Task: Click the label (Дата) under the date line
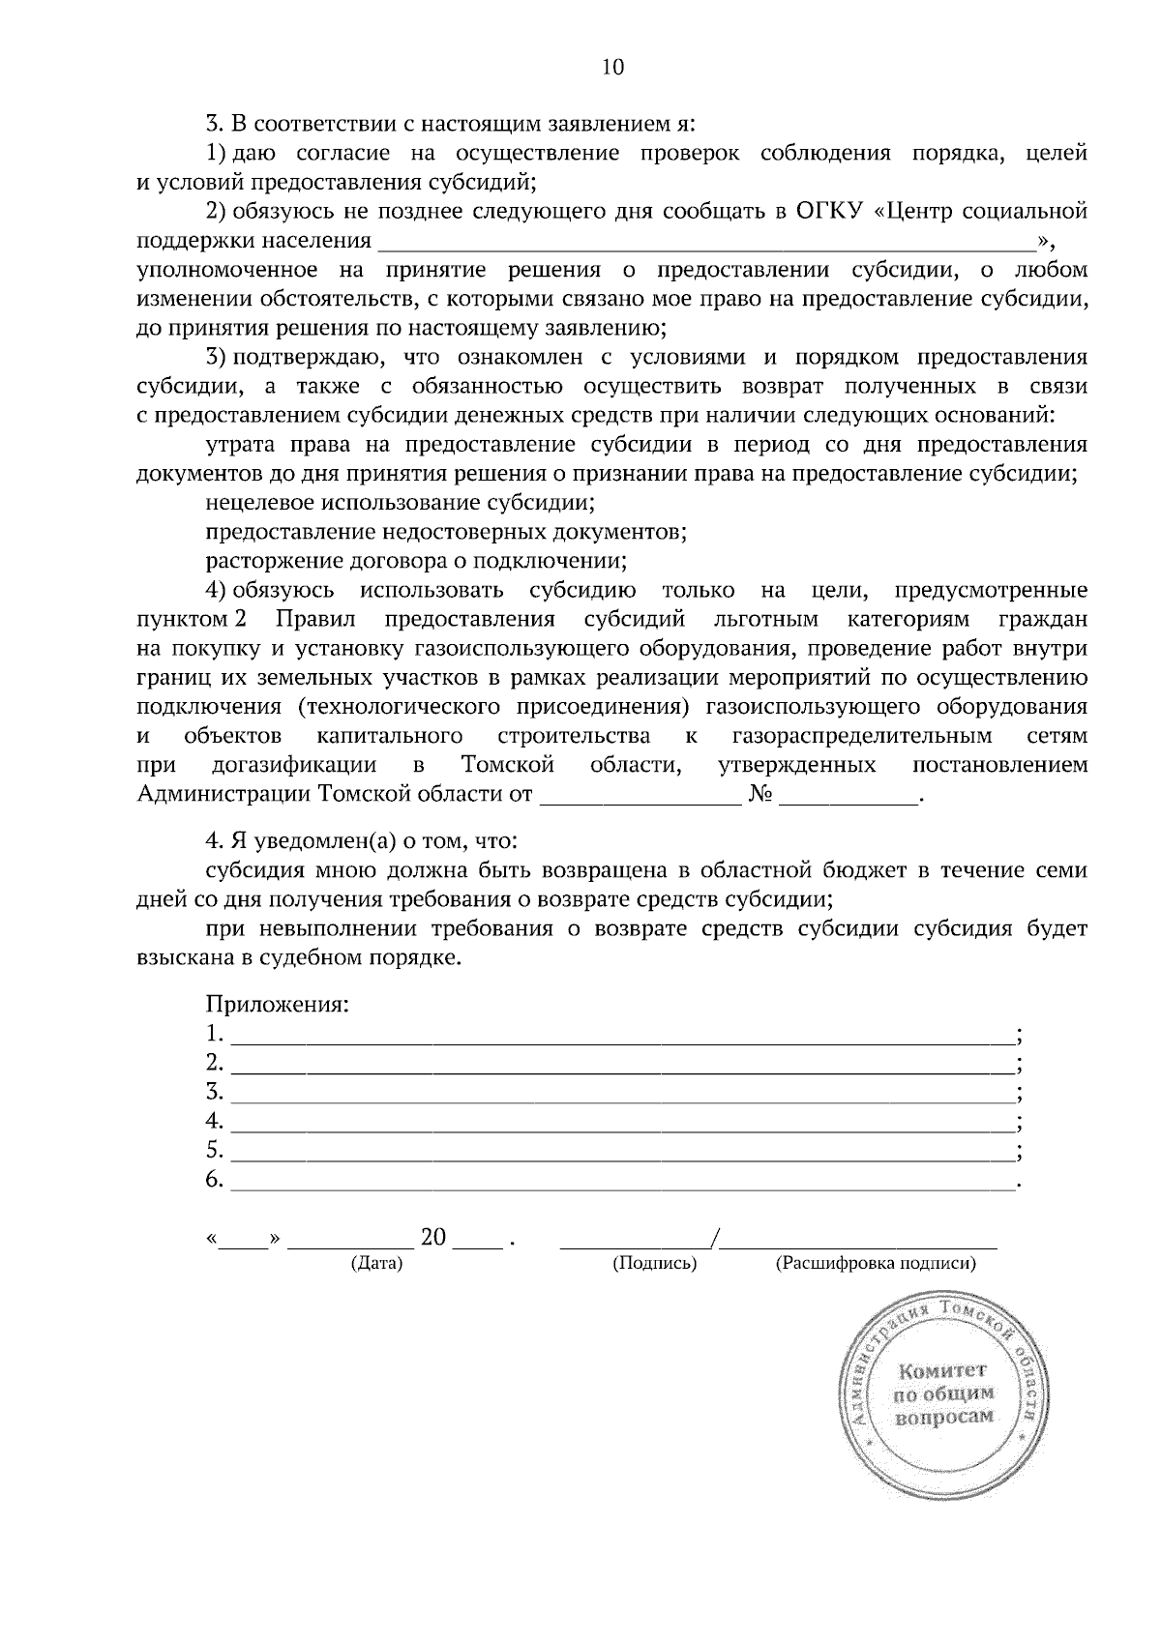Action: (376, 1263)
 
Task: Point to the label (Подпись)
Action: (655, 1263)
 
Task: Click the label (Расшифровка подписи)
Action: (876, 1263)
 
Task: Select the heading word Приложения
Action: (277, 1004)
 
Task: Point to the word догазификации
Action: (294, 765)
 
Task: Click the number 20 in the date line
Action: (433, 1238)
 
